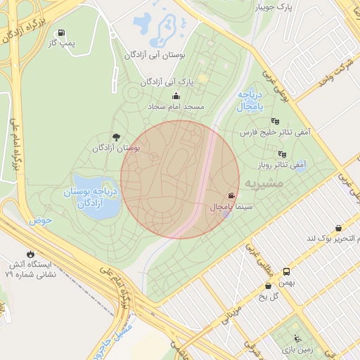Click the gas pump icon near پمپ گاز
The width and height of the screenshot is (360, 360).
pos(62,33)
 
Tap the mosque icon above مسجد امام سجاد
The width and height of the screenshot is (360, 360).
pos(176,96)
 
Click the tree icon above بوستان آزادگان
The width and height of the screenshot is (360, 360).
pos(116,137)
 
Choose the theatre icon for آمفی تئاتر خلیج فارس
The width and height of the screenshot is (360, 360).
pos(274,121)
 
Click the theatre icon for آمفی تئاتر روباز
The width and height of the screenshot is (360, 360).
pos(282,154)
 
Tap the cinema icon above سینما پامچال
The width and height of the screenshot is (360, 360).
pos(231,195)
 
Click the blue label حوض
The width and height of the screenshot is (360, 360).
pos(41,220)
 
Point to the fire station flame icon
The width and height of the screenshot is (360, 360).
pos(30,253)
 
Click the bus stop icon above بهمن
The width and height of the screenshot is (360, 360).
pos(286,271)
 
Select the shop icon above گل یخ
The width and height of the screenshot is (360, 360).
pos(269,285)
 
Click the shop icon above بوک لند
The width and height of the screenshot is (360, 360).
pos(339,228)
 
